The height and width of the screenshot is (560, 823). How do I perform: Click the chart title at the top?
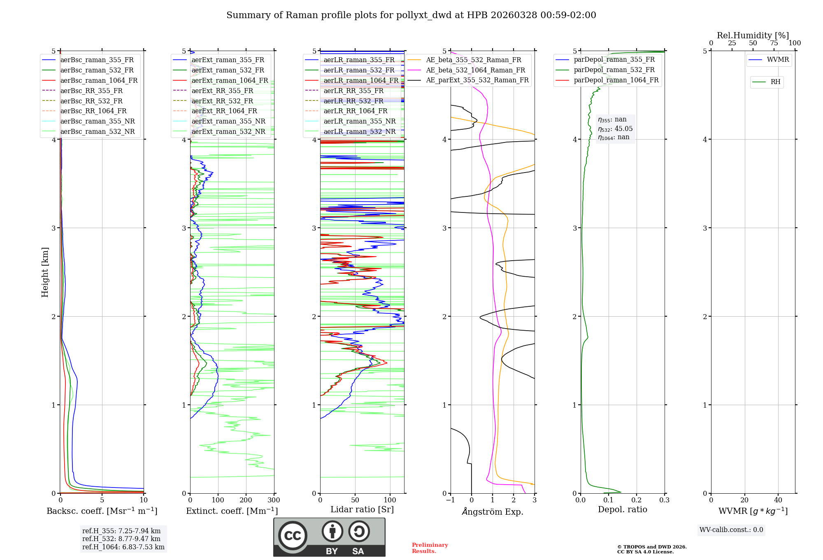pos(411,15)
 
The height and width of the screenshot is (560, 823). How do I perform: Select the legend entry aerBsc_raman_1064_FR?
pos(99,80)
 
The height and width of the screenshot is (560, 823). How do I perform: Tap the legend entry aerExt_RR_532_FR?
pos(222,101)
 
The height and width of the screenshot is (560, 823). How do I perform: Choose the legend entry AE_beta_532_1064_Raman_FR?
pos(475,70)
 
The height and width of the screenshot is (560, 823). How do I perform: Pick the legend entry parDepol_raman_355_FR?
pos(614,60)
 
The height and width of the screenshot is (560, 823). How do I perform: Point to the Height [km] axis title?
pos(45,272)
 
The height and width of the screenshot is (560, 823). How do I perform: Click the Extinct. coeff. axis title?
pos(232,511)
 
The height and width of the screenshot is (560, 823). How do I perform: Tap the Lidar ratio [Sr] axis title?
pos(362,509)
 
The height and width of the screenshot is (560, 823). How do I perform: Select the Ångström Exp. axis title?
pos(493,511)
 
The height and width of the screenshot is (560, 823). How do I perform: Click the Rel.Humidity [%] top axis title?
pos(753,35)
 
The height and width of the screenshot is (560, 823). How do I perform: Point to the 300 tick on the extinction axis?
pos(274,500)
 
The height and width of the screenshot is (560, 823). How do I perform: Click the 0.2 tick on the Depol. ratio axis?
pos(637,500)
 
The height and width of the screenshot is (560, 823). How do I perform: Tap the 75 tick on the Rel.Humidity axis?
pos(774,43)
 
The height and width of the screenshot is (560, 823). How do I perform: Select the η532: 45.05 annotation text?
pos(615,128)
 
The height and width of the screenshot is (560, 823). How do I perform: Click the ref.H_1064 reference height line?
pos(123,547)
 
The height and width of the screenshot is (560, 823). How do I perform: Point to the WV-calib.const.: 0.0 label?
pos(731,530)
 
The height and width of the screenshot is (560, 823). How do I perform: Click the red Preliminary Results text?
pos(430,548)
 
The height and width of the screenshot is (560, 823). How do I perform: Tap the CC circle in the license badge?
pos(293,535)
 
